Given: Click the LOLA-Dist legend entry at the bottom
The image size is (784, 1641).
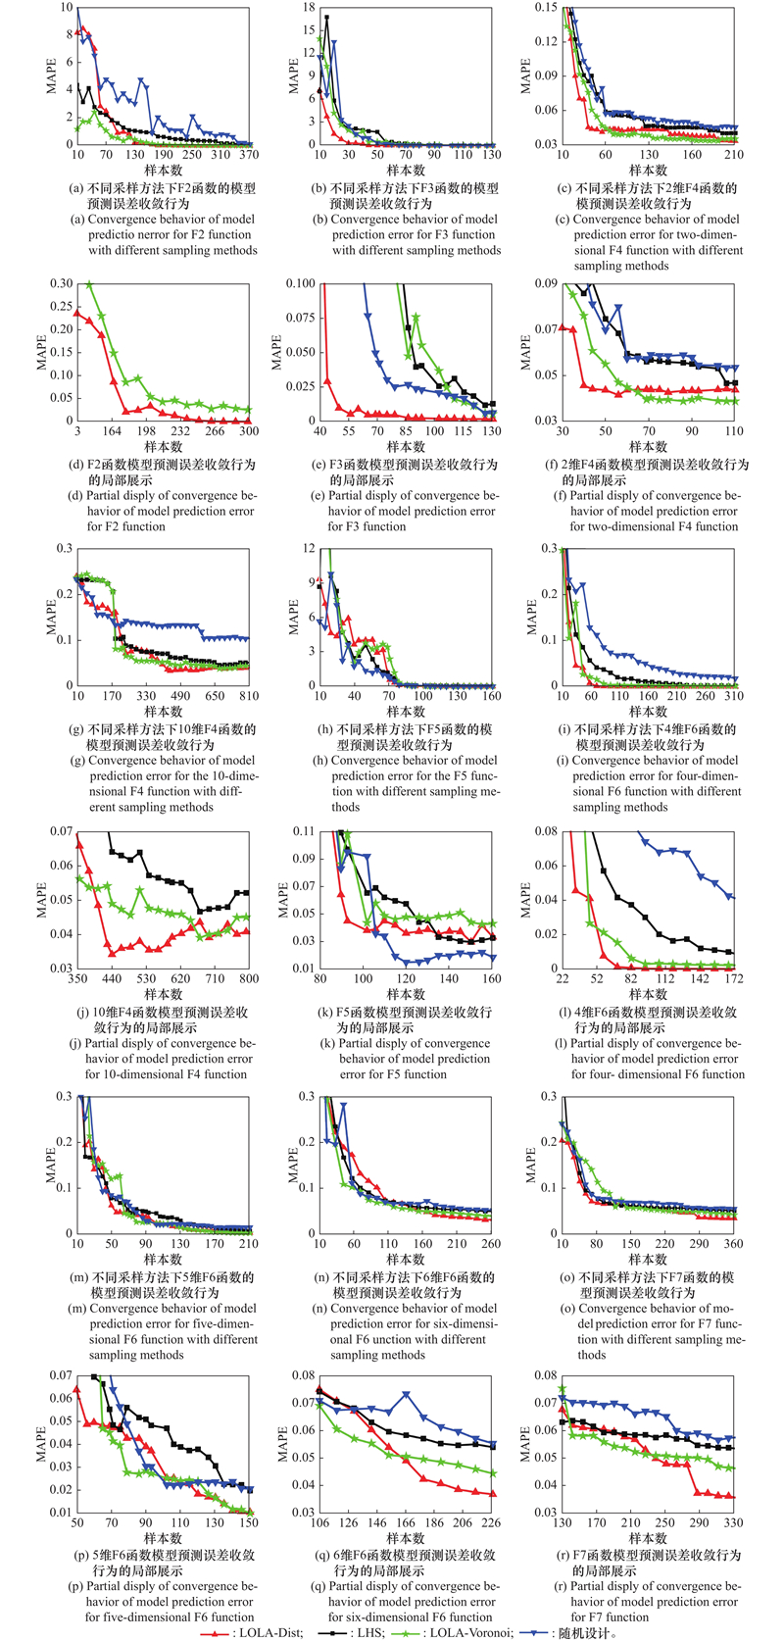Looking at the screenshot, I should (x=256, y=1632).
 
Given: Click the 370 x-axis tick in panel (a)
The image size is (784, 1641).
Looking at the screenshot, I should (x=249, y=155).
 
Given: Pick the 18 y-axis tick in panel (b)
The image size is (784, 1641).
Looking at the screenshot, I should (x=309, y=8).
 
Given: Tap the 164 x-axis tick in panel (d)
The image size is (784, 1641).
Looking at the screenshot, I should (x=112, y=431).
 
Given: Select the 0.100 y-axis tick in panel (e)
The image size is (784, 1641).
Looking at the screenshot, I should (x=301, y=284).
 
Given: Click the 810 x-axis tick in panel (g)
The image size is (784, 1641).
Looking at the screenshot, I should (x=249, y=696).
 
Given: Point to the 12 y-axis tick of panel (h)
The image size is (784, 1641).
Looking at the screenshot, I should (x=309, y=549).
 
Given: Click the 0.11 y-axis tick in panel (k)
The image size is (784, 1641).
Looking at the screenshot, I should (x=304, y=831).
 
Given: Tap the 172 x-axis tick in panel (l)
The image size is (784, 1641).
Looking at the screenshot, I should (x=734, y=979).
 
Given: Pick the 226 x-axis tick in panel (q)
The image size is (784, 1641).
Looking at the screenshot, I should (x=491, y=1523).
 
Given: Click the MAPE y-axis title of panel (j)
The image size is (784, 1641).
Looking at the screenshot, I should (x=41, y=899).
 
